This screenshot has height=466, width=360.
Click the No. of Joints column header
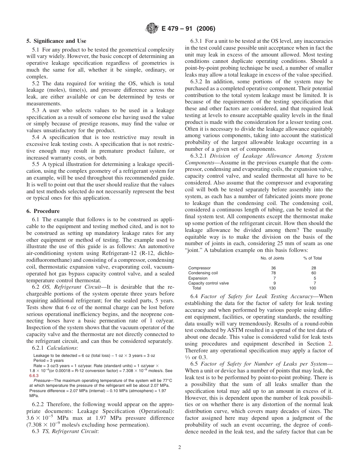pyautogui.click(x=272, y=258)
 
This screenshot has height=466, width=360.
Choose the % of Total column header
pyautogui.click(x=313, y=258)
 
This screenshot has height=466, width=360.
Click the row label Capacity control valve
pyautogui.click(x=208, y=283)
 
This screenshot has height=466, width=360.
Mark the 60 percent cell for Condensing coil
pyautogui.click(x=314, y=273)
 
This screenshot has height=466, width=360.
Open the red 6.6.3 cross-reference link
pyautogui.click(x=34, y=376)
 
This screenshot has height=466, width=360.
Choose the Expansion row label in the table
pyautogui.click(x=198, y=278)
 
